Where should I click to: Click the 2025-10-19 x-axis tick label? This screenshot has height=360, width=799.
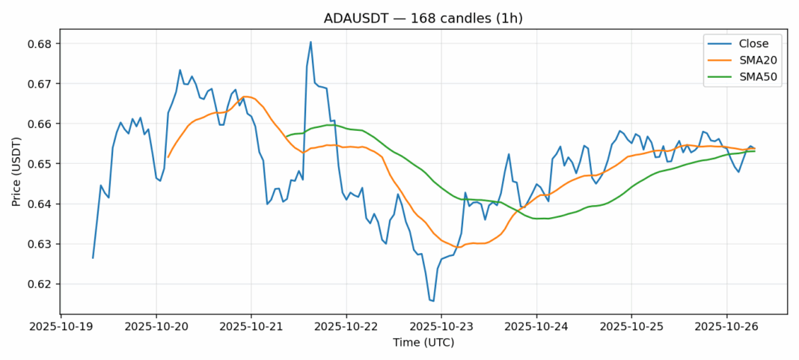[61, 326]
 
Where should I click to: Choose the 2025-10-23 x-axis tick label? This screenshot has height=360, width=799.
[441, 326]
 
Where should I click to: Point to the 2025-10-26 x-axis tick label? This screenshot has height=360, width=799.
[726, 326]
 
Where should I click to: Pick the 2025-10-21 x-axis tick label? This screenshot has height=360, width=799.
[251, 326]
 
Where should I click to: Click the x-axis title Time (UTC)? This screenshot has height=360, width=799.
[423, 343]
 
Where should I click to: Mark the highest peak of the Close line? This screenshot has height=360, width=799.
[310, 42]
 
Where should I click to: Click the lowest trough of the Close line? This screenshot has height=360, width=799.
[433, 301]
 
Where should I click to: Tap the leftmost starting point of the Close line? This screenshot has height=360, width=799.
[93, 258]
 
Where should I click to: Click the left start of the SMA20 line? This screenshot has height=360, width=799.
[168, 156]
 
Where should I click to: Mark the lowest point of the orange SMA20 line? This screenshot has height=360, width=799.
[458, 247]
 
